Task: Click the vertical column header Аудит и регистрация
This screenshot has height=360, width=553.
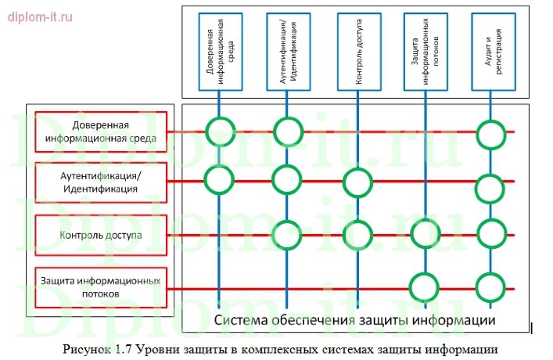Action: [492, 51]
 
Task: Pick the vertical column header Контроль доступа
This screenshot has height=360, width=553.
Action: [359, 51]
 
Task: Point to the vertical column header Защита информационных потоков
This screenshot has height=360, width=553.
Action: [426, 51]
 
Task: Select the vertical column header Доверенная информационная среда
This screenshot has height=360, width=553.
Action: [219, 51]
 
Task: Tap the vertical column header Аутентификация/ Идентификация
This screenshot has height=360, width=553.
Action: [287, 51]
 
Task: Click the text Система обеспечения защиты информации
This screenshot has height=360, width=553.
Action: [355, 319]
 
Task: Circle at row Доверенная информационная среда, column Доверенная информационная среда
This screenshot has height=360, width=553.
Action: [219, 131]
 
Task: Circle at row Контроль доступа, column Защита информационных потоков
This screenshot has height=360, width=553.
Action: [426, 234]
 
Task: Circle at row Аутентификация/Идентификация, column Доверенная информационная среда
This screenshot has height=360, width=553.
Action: [219, 180]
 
